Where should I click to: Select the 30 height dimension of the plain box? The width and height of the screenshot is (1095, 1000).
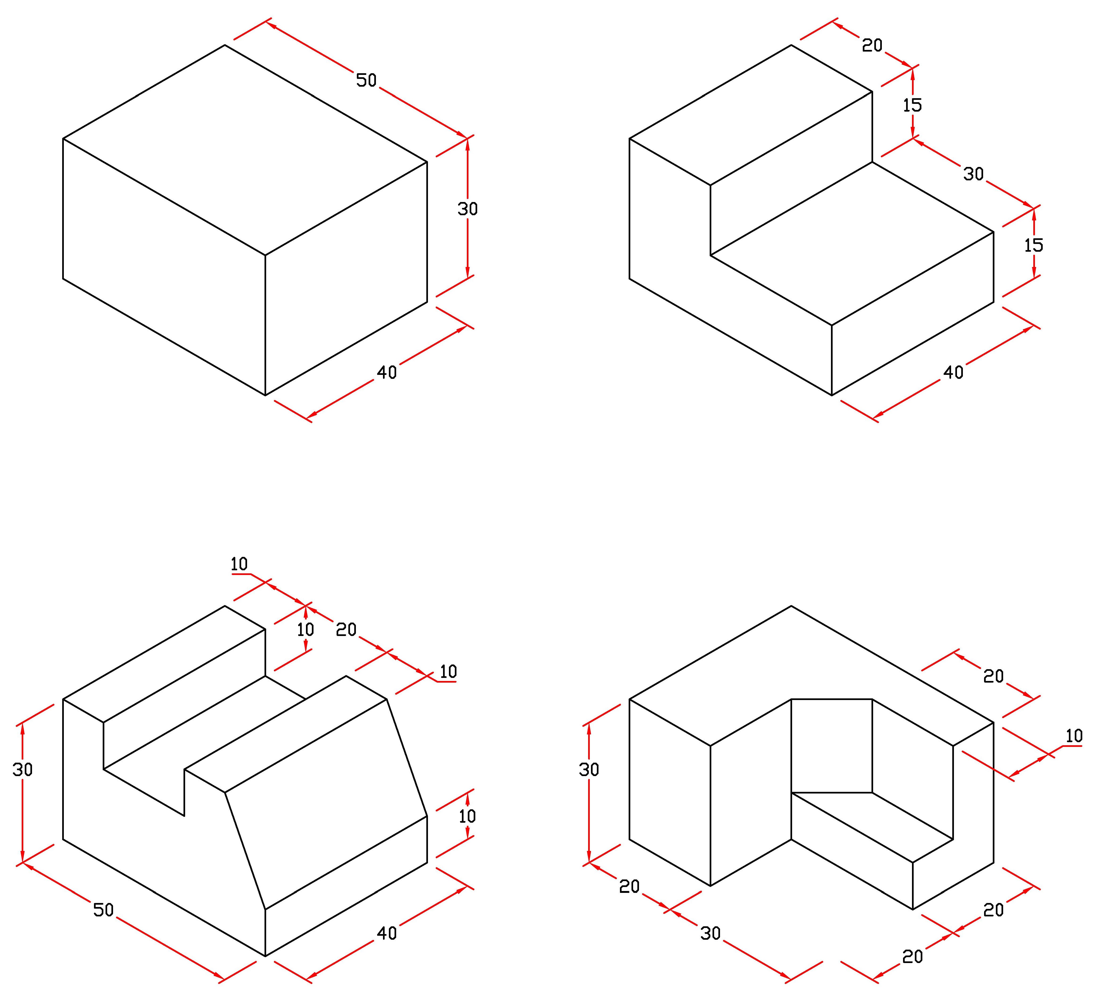pyautogui.click(x=467, y=209)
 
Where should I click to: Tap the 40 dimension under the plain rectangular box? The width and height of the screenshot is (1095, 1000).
pyautogui.click(x=387, y=372)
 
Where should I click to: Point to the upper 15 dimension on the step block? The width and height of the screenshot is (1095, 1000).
pyautogui.click(x=912, y=105)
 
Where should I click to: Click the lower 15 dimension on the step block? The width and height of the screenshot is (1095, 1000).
pyautogui.click(x=1034, y=245)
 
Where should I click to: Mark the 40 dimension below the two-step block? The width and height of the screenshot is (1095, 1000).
pyautogui.click(x=953, y=372)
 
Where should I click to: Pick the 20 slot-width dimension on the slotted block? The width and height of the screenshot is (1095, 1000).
pyautogui.click(x=346, y=630)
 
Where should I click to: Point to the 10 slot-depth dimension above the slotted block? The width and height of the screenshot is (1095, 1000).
pyautogui.click(x=306, y=630)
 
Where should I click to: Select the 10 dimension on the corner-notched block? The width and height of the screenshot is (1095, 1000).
pyautogui.click(x=1074, y=737)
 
